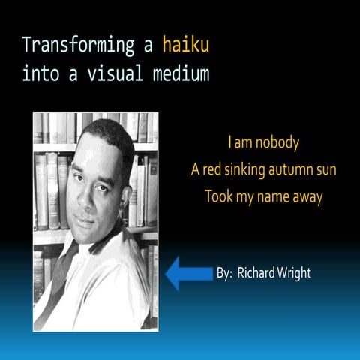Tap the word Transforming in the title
(79, 46)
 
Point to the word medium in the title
(180, 73)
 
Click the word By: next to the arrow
(224, 274)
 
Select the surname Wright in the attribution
(292, 273)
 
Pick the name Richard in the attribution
(256, 273)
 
